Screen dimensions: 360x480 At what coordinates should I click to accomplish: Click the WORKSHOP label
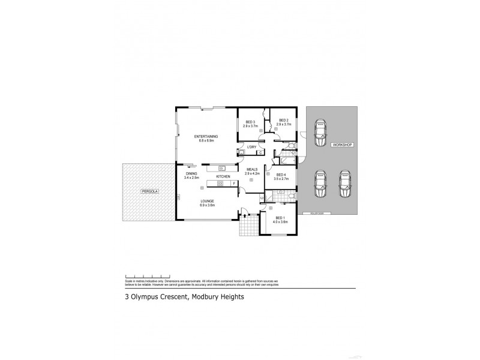[340, 145]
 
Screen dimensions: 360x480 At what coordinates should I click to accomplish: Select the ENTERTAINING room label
[206, 137]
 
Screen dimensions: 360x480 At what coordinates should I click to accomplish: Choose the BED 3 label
[250, 122]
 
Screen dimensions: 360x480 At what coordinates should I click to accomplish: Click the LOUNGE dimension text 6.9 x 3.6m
[208, 205]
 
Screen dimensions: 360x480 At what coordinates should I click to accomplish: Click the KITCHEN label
[223, 176]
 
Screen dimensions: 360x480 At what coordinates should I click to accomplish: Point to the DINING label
[191, 174]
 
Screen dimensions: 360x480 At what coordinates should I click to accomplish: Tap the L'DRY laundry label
[252, 148]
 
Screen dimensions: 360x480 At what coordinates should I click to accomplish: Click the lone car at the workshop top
[320, 129]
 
